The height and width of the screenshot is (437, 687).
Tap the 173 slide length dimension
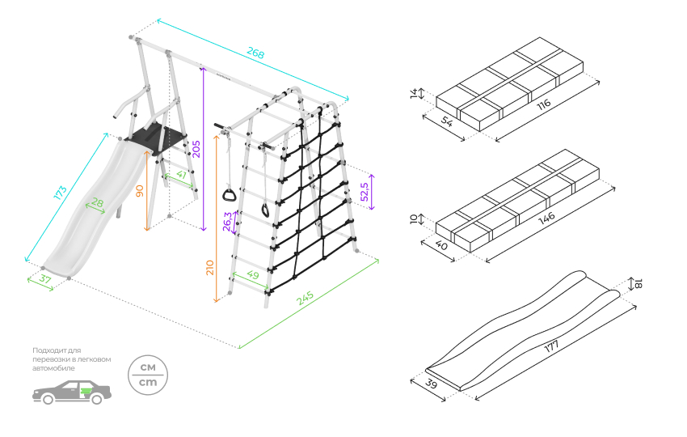coord(59,194)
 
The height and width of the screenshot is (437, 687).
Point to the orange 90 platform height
coord(140,192)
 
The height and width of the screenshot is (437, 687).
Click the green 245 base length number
coord(305,299)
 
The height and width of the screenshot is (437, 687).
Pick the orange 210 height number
coord(210,267)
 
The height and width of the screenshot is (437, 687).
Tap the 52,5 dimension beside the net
coord(365,192)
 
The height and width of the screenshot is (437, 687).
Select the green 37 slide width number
coord(44,281)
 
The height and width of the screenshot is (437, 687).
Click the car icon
coord(71,392)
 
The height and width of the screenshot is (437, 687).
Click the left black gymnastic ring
coord(230,194)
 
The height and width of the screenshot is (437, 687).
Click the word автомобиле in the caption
coord(54,368)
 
